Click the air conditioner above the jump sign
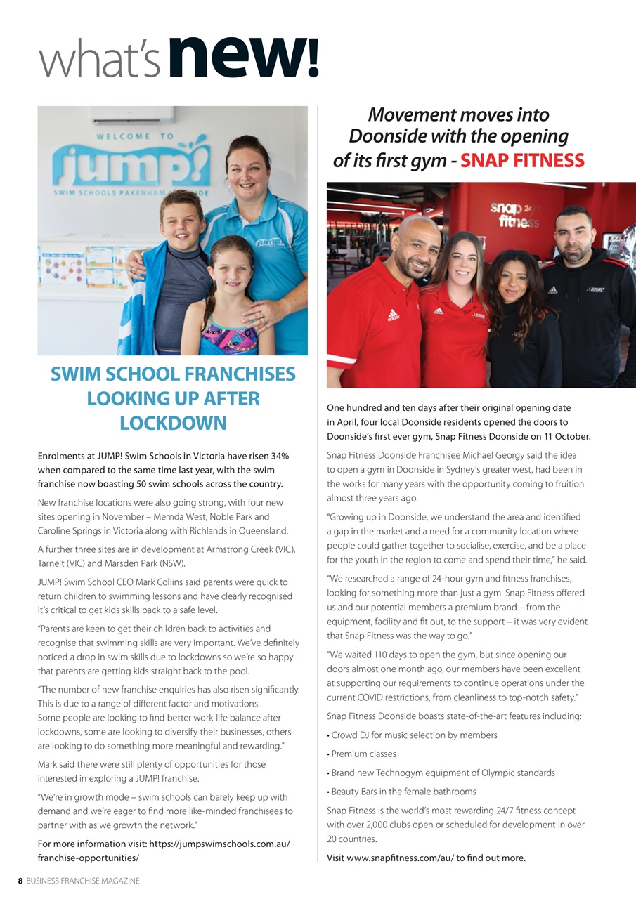(132, 114)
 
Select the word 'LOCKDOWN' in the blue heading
(173, 424)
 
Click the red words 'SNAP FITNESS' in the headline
(522, 161)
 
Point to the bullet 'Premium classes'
(365, 754)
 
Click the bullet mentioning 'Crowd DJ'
(414, 735)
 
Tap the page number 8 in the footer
(21, 881)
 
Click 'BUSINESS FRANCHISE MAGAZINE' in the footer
(83, 881)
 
